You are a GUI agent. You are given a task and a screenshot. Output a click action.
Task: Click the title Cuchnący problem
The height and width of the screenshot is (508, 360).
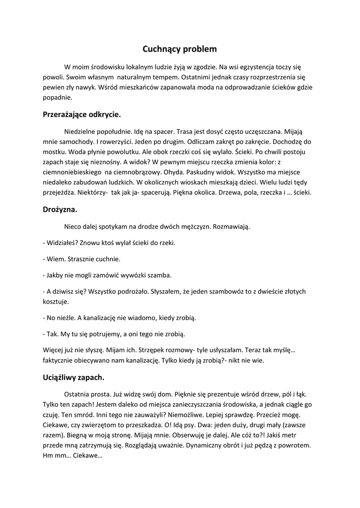pyautogui.click(x=180, y=49)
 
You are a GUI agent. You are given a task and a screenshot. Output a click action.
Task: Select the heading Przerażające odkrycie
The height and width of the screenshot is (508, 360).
pyautogui.click(x=82, y=114)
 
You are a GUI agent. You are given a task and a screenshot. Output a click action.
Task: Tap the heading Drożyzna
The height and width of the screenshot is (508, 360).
pyautogui.click(x=60, y=209)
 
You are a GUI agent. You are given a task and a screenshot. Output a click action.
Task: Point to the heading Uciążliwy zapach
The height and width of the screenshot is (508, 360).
pyautogui.click(x=73, y=377)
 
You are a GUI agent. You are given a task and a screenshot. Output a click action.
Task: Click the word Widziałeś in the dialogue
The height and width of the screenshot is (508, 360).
pyautogui.click(x=62, y=243)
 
